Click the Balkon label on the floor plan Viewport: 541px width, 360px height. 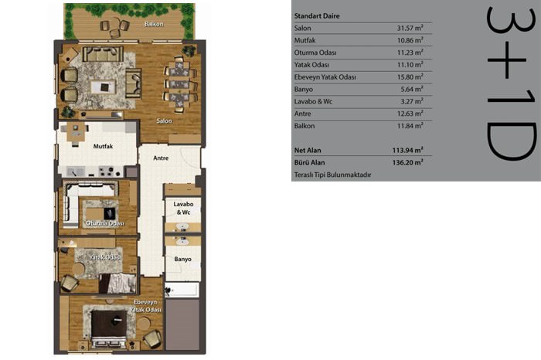[154, 24]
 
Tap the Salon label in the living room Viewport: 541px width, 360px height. [164, 121]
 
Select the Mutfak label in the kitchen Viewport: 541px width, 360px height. [103, 146]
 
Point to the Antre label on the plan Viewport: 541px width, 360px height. [161, 158]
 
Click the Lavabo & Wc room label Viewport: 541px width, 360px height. [183, 208]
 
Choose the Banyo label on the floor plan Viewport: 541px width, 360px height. [182, 259]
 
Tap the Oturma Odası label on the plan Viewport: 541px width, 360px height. [105, 223]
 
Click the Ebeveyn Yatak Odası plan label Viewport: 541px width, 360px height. [145, 306]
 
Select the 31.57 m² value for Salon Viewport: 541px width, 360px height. [410, 28]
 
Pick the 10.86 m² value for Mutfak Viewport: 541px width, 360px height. [410, 40]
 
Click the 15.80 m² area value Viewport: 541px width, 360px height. [410, 77]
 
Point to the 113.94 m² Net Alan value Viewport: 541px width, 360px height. [407, 150]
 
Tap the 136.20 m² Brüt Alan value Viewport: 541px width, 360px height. [407, 162]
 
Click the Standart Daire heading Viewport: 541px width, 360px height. [317, 16]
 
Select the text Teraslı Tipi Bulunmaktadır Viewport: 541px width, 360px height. [332, 175]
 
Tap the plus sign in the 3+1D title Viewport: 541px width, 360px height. [506, 59]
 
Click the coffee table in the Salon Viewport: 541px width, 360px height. [103, 87]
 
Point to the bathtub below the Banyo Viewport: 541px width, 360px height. [182, 290]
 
